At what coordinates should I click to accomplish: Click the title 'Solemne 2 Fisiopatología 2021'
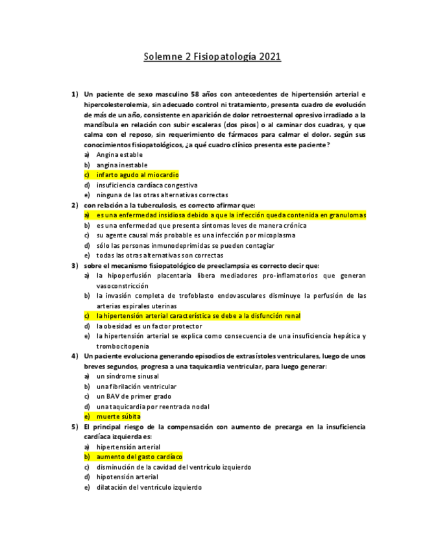212,57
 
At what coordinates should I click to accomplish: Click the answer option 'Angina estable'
119,155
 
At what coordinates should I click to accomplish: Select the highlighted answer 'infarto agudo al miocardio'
137,175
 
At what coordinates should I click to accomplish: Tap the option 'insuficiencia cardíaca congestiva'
147,185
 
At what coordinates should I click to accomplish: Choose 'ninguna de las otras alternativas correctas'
162,195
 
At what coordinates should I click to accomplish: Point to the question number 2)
75,205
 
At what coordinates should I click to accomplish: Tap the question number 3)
75,265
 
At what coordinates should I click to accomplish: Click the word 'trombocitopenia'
123,346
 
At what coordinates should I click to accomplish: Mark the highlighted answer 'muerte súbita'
118,416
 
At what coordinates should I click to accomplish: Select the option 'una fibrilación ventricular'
136,387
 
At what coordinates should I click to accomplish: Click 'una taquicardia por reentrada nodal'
153,407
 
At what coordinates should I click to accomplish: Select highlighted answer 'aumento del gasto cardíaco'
139,457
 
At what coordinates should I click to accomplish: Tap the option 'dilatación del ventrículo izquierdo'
149,487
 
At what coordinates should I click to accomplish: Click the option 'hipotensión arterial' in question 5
127,477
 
